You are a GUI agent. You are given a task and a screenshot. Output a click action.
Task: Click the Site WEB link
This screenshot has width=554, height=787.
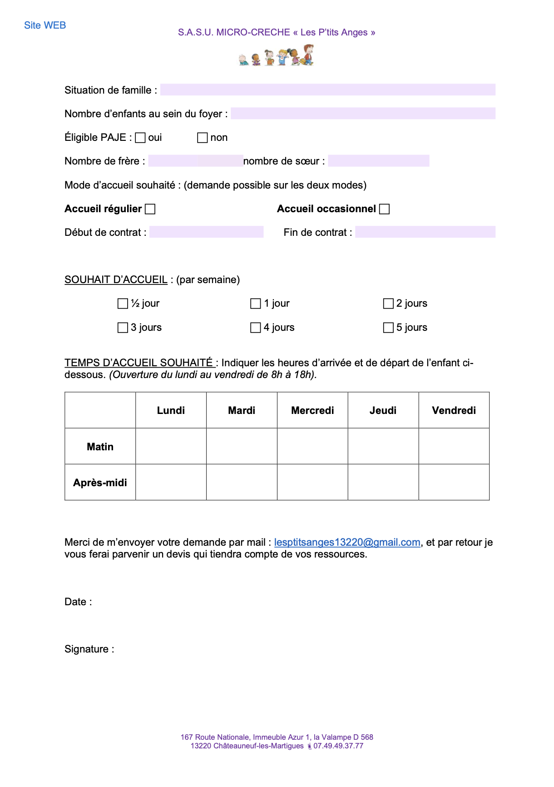pos(45,25)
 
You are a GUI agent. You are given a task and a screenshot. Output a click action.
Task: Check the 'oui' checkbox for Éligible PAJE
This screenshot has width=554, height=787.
pos(140,138)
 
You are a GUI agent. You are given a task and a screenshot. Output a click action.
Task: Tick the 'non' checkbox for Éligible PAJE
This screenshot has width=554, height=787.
pos(203,138)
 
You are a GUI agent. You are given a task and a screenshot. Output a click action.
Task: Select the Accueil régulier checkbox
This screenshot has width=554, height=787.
pos(150,209)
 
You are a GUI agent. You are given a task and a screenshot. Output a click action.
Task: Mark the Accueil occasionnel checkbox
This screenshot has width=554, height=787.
pos(384,209)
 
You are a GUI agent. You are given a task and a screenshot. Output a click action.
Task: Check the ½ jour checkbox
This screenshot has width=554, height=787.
pos(123,304)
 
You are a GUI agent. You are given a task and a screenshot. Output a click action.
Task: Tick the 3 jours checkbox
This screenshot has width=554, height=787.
pos(123,328)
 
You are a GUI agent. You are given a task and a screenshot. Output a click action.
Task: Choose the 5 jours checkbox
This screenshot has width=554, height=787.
pos(388,328)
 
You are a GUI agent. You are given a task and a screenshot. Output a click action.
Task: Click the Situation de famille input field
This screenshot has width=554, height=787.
pos(327,90)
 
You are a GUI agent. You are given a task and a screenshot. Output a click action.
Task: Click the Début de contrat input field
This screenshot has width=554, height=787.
pos(206,232)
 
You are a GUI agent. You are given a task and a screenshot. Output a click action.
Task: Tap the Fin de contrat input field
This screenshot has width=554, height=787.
pos(425,232)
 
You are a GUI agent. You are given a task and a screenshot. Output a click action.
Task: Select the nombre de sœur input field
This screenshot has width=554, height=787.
pos(378,161)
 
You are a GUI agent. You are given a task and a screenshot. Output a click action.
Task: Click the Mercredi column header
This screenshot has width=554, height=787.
pos(312,410)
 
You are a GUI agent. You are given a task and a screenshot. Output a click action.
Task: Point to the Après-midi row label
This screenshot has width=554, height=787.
pos(100,483)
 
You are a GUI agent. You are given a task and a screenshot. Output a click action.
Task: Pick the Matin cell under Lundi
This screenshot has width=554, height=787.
pos(171,446)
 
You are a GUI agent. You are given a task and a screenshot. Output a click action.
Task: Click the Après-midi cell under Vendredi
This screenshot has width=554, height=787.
pos(454,483)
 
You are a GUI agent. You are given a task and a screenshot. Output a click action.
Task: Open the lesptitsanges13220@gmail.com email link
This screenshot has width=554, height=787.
pos(347,542)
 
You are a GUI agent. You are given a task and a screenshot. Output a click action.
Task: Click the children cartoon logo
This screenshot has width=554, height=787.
pos(276,56)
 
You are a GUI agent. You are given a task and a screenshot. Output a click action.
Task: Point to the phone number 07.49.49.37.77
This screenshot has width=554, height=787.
pos(338,746)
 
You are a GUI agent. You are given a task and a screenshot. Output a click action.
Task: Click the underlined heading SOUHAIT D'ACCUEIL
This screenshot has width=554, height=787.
pos(116,279)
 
